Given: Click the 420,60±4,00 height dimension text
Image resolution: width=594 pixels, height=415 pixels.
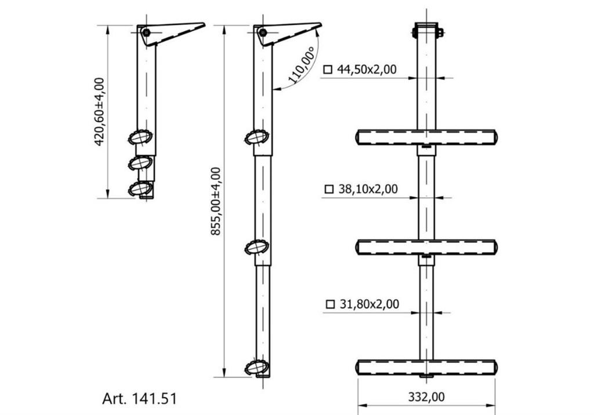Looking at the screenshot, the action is click(99, 112).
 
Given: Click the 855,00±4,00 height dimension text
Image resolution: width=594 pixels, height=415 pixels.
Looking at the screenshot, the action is click(216, 202).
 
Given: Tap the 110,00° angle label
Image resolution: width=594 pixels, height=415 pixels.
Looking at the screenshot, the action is click(302, 65).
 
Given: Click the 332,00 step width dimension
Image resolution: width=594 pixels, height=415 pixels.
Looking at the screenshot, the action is click(426, 397).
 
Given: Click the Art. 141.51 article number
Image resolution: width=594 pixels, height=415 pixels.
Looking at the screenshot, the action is click(139, 399).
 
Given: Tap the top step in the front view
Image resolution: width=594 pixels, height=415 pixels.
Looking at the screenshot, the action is click(426, 137).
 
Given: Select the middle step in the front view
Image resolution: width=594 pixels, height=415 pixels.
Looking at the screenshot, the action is click(426, 247).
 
